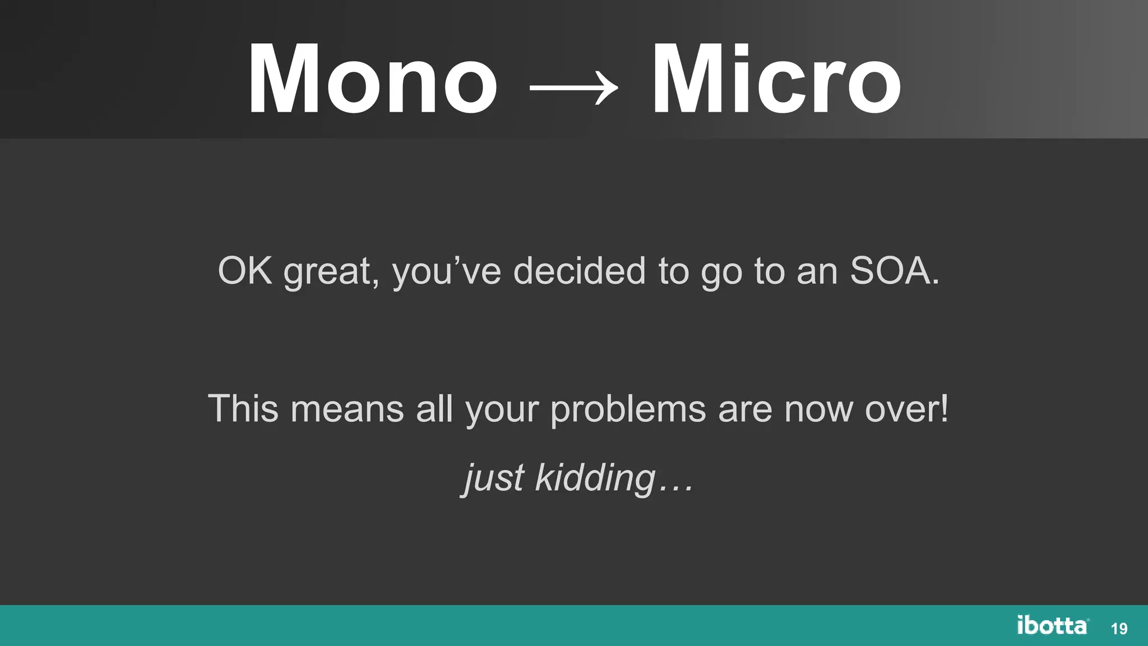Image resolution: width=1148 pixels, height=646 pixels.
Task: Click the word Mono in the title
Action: [x=373, y=79]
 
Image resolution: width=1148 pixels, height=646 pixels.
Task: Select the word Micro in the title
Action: [x=776, y=79]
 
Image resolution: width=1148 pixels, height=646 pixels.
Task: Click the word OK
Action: [x=245, y=271]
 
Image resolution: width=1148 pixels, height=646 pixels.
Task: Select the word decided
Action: [x=580, y=271]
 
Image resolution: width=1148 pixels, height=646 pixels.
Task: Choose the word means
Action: [x=347, y=409]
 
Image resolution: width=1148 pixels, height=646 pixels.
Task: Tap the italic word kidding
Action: [x=595, y=478]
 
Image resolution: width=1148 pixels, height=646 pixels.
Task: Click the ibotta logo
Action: [x=1053, y=625]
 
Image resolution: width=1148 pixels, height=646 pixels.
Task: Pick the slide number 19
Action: [x=1119, y=629]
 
